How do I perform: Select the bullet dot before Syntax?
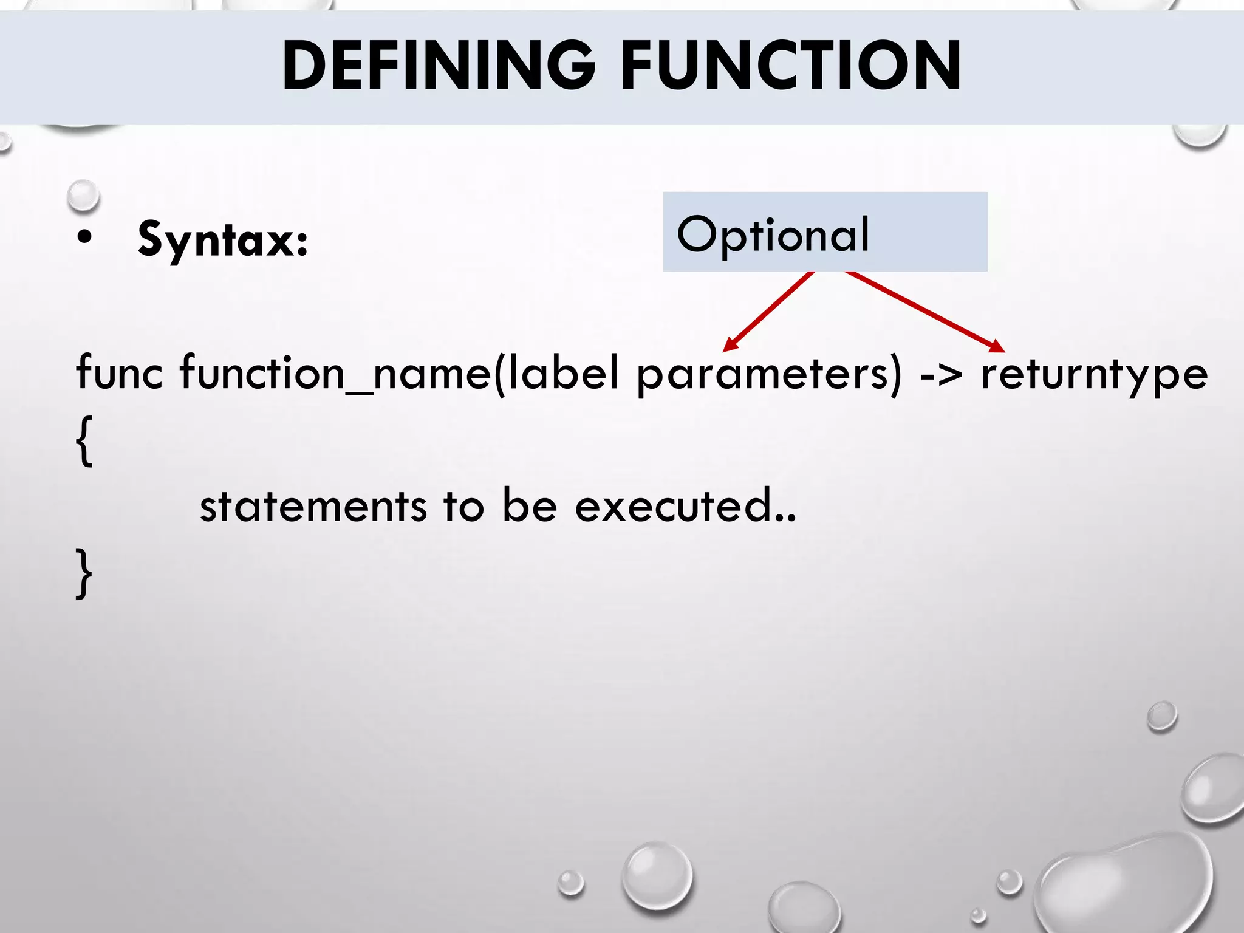[85, 238]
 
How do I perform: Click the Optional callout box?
[824, 232]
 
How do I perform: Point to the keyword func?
[119, 372]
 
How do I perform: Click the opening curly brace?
[84, 441]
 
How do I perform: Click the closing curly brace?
[84, 573]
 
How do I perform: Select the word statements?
[313, 506]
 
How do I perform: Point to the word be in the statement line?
[529, 505]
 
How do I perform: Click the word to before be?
[463, 506]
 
